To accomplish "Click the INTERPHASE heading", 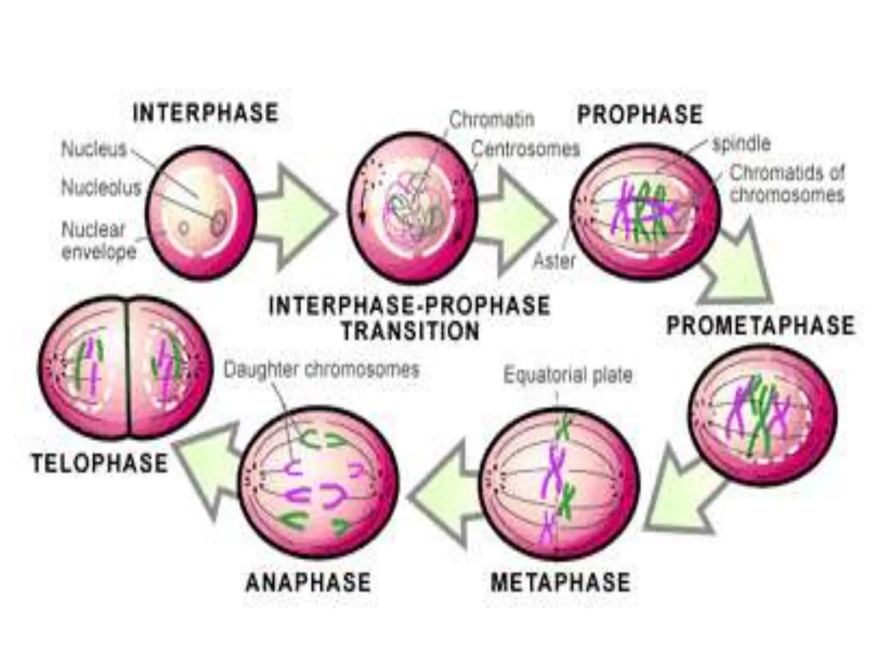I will point(205,113).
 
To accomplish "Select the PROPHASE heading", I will point(639,115).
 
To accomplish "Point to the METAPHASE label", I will point(560,582).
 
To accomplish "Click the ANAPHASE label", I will point(308,582).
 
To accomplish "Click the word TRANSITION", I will point(410,331).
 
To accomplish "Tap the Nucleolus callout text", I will point(102,188).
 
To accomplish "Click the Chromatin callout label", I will point(491,119).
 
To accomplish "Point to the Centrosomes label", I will point(526,149).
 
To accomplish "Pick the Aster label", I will point(554,261).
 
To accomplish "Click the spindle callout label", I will point(741,144).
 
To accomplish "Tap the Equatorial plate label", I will point(568,375).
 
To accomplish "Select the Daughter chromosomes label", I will point(322,370).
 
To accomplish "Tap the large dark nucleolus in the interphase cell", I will point(218,222).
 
